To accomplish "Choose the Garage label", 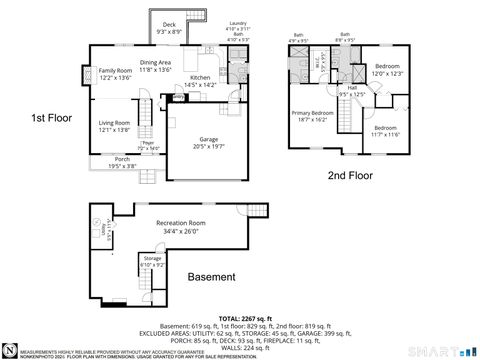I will pyautogui.click(x=208, y=141).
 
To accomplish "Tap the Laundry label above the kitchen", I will pyautogui.click(x=238, y=22).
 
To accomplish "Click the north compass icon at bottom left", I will pyautogui.click(x=9, y=351).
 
